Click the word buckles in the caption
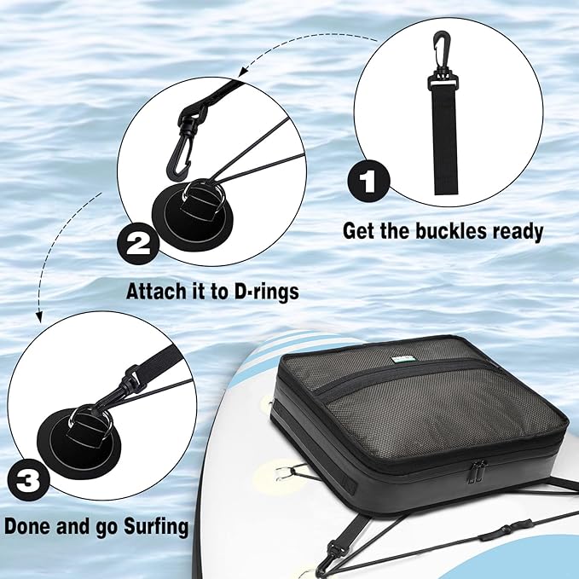pos(449,231)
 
